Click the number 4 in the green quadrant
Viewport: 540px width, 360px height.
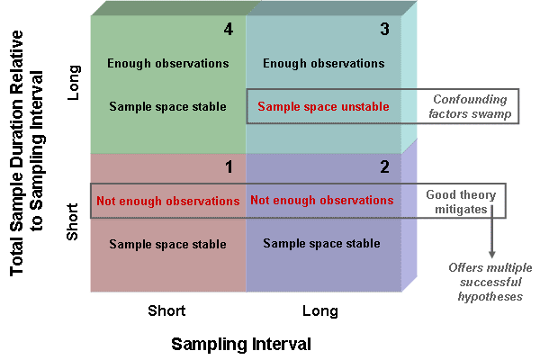point(229,30)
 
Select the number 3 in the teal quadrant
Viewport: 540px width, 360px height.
point(384,30)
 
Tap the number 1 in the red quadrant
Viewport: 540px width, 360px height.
point(229,167)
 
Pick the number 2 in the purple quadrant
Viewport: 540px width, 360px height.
point(384,167)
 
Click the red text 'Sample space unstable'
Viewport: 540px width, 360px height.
point(323,106)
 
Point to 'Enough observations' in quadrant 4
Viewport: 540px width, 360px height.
point(168,63)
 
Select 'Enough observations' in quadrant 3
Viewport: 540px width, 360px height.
point(324,63)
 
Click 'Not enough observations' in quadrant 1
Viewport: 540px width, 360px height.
point(168,201)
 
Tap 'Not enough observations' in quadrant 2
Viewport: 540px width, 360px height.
point(321,200)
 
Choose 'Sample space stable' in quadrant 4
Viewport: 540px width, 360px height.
point(167,106)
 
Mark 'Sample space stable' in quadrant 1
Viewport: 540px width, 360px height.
point(167,244)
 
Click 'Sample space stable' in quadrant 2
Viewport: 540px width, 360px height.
point(321,244)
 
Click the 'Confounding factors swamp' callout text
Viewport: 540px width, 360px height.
point(470,106)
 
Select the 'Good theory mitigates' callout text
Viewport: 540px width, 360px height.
point(461,202)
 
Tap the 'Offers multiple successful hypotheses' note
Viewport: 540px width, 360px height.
point(490,282)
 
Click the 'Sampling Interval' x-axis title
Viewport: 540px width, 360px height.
point(241,344)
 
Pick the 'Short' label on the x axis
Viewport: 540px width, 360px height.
point(166,310)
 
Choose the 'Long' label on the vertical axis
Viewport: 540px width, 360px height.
point(74,83)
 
